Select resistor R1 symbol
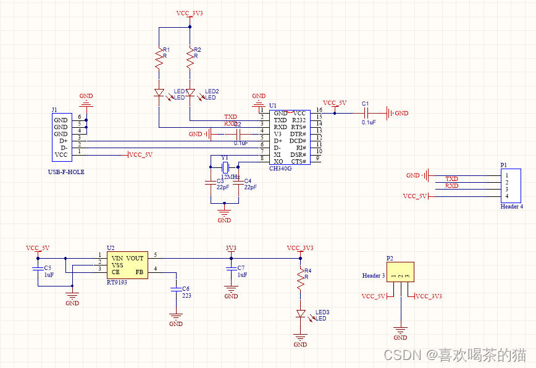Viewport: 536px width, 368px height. pos(159,59)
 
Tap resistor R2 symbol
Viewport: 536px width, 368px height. pos(191,59)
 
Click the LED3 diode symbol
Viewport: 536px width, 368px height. pos(301,314)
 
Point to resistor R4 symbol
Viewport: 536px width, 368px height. pos(301,280)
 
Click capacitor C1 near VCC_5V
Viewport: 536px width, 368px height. pos(366,113)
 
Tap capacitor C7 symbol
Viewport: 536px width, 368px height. pos(231,269)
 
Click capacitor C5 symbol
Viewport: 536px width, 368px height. pos(38,269)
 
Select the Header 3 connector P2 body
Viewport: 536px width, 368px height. pos(400,272)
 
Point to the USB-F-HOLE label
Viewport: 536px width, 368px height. pos(65,172)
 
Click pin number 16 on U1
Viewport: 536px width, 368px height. pos(319,109)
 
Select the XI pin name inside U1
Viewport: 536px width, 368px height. pos(278,154)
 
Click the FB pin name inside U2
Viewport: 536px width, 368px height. pos(139,272)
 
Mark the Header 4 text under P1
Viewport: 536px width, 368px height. pos(511,207)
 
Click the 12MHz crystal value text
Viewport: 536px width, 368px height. pos(230,177)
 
